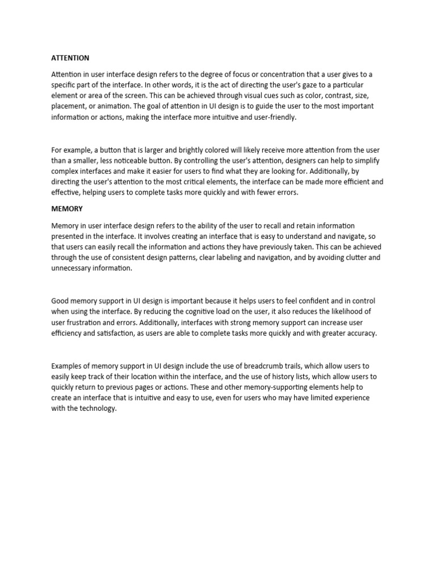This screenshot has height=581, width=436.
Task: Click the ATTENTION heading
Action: point(70,58)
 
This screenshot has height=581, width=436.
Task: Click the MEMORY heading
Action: point(67,209)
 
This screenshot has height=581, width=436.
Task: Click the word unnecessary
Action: point(74,268)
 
